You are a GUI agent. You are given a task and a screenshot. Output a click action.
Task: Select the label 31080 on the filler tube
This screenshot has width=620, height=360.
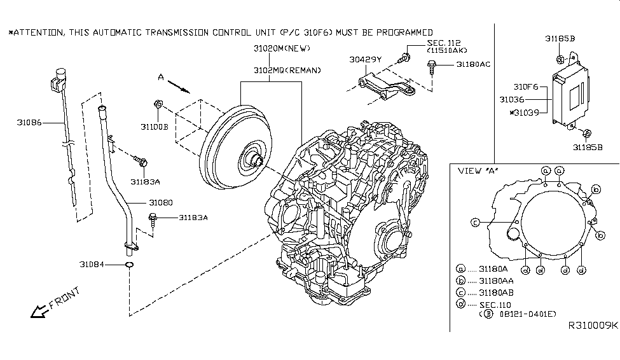coord(160,202)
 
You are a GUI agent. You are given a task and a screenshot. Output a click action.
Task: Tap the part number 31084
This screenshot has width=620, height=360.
coord(92,263)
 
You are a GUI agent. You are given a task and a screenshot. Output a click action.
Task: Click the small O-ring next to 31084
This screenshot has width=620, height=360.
coord(128,263)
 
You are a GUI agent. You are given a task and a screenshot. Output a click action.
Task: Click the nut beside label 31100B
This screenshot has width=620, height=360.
coord(158,104)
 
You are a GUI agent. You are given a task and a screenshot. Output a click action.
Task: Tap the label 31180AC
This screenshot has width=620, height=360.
coord(473,64)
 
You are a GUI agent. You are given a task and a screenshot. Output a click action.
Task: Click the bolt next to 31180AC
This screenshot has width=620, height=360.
coord(433,64)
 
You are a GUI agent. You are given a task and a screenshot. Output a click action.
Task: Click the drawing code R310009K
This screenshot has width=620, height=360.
coord(592,325)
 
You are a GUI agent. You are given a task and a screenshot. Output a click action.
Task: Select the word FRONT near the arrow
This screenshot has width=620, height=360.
coord(63,300)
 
